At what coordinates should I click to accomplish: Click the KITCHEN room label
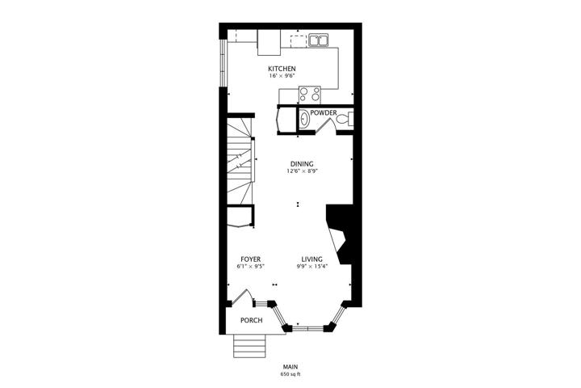pos(282,69)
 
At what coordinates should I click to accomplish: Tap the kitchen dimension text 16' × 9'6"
pos(282,76)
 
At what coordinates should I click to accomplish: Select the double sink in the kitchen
pos(318,40)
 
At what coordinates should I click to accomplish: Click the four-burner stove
pos(310,95)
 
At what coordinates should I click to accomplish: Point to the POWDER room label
pos(324,112)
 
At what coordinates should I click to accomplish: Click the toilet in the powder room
pos(345,120)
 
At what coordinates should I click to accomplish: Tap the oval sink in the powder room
pos(304,120)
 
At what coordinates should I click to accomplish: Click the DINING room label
pos(302,164)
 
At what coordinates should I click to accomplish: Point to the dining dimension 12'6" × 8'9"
pos(302,171)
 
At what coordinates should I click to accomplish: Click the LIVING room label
pos(311,259)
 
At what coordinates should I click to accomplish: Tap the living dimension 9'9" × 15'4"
pos(312,267)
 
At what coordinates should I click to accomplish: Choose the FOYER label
pos(250,259)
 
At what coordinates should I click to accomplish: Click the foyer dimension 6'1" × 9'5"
pos(250,267)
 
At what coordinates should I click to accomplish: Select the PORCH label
pos(251,320)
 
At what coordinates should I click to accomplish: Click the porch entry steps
pos(249,346)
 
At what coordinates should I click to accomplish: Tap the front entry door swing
pos(243,298)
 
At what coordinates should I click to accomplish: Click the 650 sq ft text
pos(290,374)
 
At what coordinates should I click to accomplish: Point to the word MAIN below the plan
pos(290,367)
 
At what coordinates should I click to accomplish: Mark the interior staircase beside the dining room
pos(240,161)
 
